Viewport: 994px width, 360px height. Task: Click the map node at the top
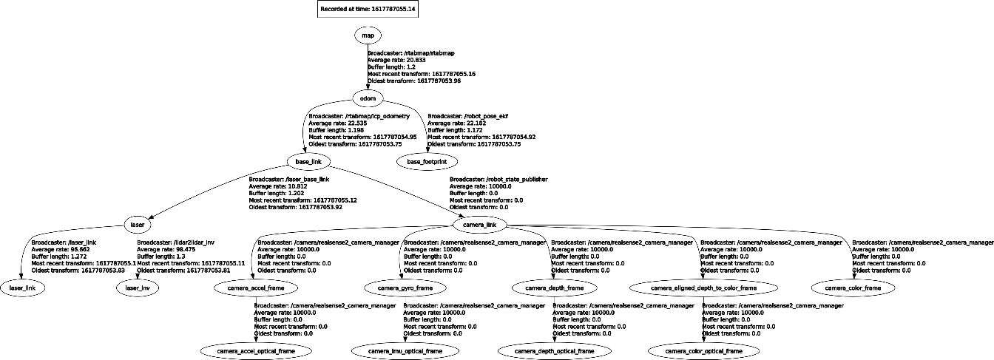tap(368, 35)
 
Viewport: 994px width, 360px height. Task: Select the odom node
tap(368, 98)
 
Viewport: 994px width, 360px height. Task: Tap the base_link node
tap(307, 161)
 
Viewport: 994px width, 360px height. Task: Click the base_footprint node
tap(427, 161)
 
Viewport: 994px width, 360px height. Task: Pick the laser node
tap(137, 224)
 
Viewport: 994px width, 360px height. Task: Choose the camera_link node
tap(479, 224)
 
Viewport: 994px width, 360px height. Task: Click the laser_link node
tap(22, 287)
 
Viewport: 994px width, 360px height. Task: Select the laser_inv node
tap(139, 287)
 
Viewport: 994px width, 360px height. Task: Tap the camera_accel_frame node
tap(255, 287)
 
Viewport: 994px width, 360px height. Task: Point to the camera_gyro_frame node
tap(401, 287)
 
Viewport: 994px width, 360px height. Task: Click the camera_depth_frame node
tap(550, 287)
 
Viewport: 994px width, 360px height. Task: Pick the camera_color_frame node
tap(853, 287)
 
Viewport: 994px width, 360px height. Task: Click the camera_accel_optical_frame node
tap(255, 350)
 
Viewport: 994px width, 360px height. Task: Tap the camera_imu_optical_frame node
tap(406, 350)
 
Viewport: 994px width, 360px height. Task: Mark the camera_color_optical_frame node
tap(703, 350)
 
